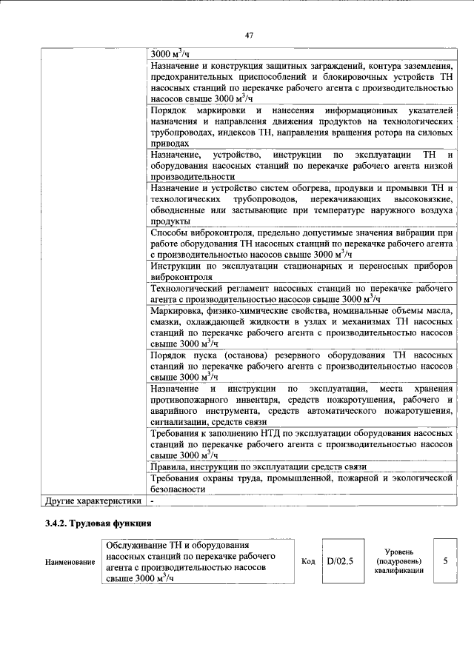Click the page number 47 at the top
coord(249,33)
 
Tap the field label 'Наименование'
coord(71,562)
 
